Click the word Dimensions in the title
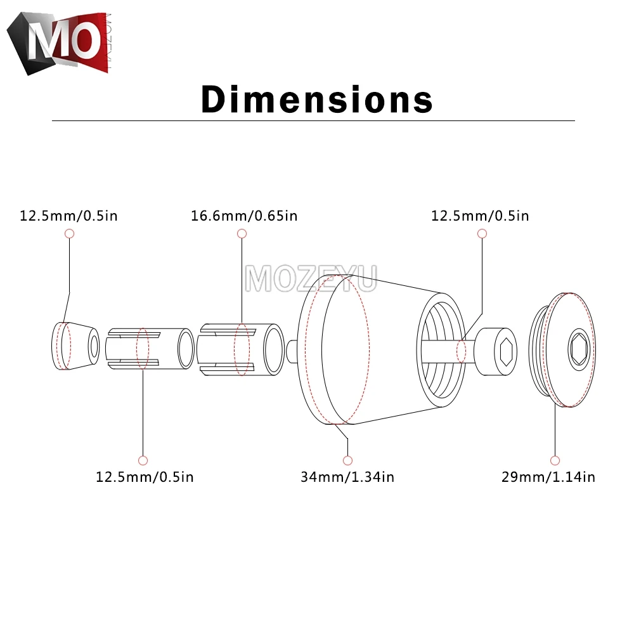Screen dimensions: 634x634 coord(317,100)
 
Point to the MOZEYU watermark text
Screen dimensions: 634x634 coord(311,278)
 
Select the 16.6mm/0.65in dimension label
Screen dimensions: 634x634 coord(244,216)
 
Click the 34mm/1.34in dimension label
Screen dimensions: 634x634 coord(347,477)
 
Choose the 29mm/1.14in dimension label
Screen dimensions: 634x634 coord(548,477)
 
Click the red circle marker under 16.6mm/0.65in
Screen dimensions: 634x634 coord(242,234)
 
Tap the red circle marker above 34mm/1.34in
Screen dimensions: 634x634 coord(347,460)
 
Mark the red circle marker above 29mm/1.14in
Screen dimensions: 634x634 coord(555,460)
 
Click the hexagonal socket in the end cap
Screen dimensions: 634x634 coord(579,349)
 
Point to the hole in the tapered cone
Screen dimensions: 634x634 coord(94,346)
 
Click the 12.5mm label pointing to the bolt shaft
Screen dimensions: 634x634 coord(480,216)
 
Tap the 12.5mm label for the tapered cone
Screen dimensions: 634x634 coord(68,216)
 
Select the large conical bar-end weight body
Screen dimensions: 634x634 coord(374,355)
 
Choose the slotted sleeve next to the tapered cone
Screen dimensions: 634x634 coord(150,348)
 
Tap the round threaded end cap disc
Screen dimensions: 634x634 coord(564,349)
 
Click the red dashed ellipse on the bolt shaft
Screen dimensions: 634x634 coord(462,351)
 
